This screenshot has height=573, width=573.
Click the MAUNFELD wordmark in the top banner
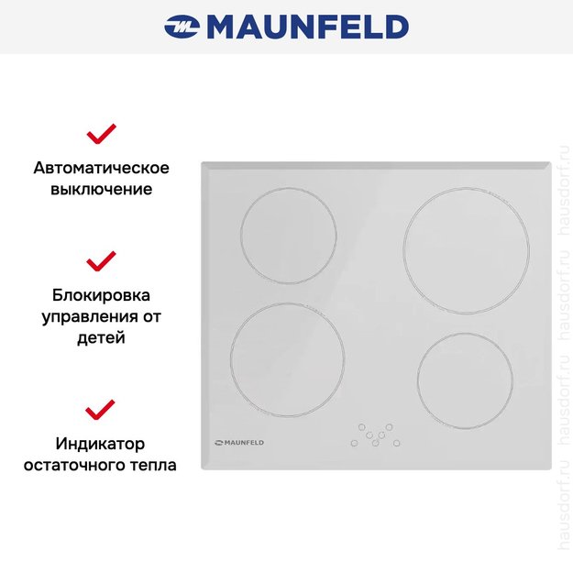(307, 27)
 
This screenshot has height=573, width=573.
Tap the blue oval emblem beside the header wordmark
(182, 28)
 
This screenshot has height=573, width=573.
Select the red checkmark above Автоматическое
(101, 134)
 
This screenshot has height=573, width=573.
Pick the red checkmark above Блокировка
(101, 261)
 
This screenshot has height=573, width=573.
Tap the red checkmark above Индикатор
(101, 409)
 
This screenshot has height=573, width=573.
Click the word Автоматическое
(101, 169)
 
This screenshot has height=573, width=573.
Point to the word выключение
(101, 190)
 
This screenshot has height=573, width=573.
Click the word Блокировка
(101, 296)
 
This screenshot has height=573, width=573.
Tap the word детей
(101, 338)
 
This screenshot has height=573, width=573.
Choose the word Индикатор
(101, 445)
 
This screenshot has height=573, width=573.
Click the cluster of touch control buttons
(375, 435)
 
